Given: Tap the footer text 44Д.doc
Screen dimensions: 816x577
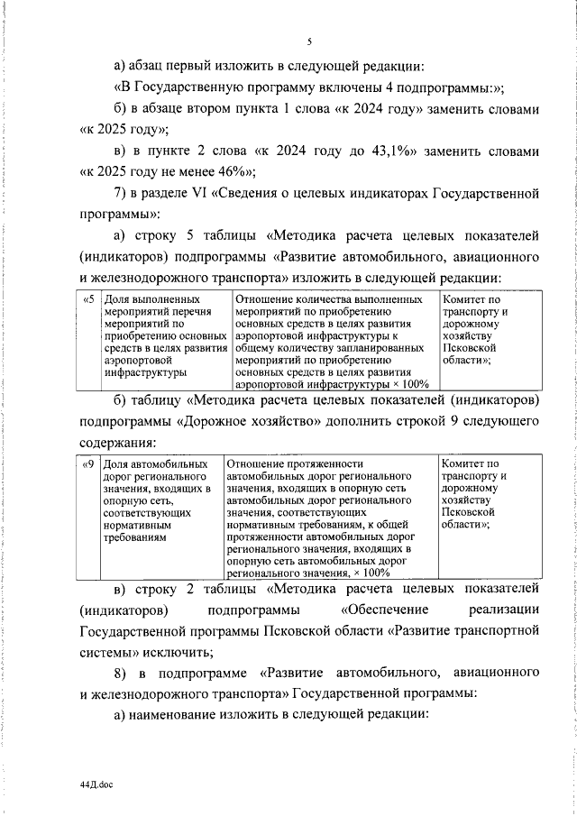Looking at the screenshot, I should coord(95,785).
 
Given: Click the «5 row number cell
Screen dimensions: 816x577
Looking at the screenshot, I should coord(87,298).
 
